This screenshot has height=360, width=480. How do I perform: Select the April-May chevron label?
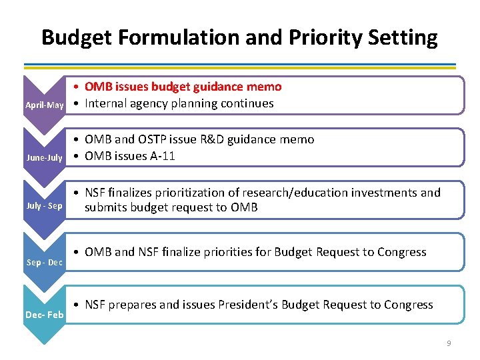pos(45,105)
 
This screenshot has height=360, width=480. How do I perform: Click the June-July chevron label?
pos(45,158)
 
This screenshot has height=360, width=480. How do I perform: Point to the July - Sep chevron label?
pos(45,206)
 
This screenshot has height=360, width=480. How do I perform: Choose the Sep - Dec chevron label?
pos(45,262)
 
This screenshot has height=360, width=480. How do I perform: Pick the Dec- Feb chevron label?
pos(45,314)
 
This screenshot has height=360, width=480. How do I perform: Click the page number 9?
pos(449,343)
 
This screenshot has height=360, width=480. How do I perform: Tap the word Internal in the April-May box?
pos(107,103)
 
